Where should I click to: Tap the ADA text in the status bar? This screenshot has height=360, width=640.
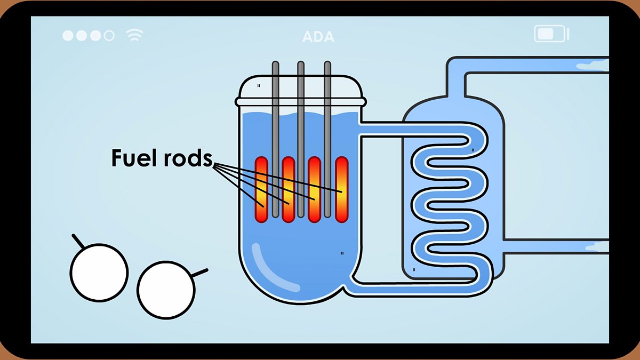[x=318, y=37]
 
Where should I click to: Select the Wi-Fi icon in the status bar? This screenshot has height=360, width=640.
[x=134, y=36]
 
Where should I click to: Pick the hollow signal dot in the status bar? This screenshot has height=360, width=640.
[x=109, y=36]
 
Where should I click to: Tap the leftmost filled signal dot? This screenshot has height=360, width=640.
[x=68, y=36]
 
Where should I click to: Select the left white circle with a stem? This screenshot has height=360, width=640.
[x=99, y=272]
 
